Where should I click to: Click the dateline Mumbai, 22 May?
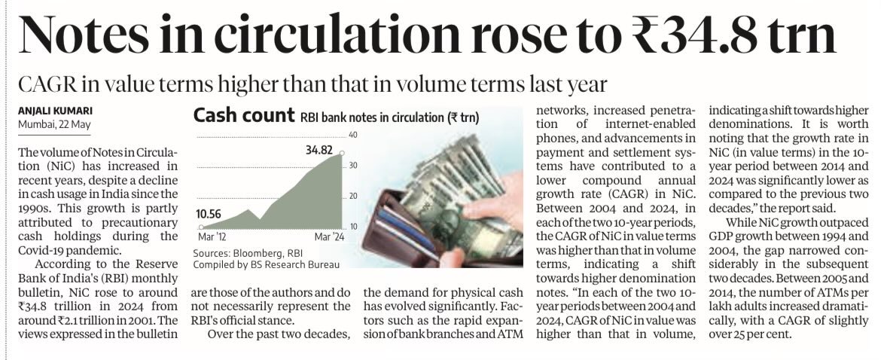pyautogui.click(x=53, y=123)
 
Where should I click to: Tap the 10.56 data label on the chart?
pyautogui.click(x=211, y=214)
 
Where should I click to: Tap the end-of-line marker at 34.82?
pyautogui.click(x=343, y=153)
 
